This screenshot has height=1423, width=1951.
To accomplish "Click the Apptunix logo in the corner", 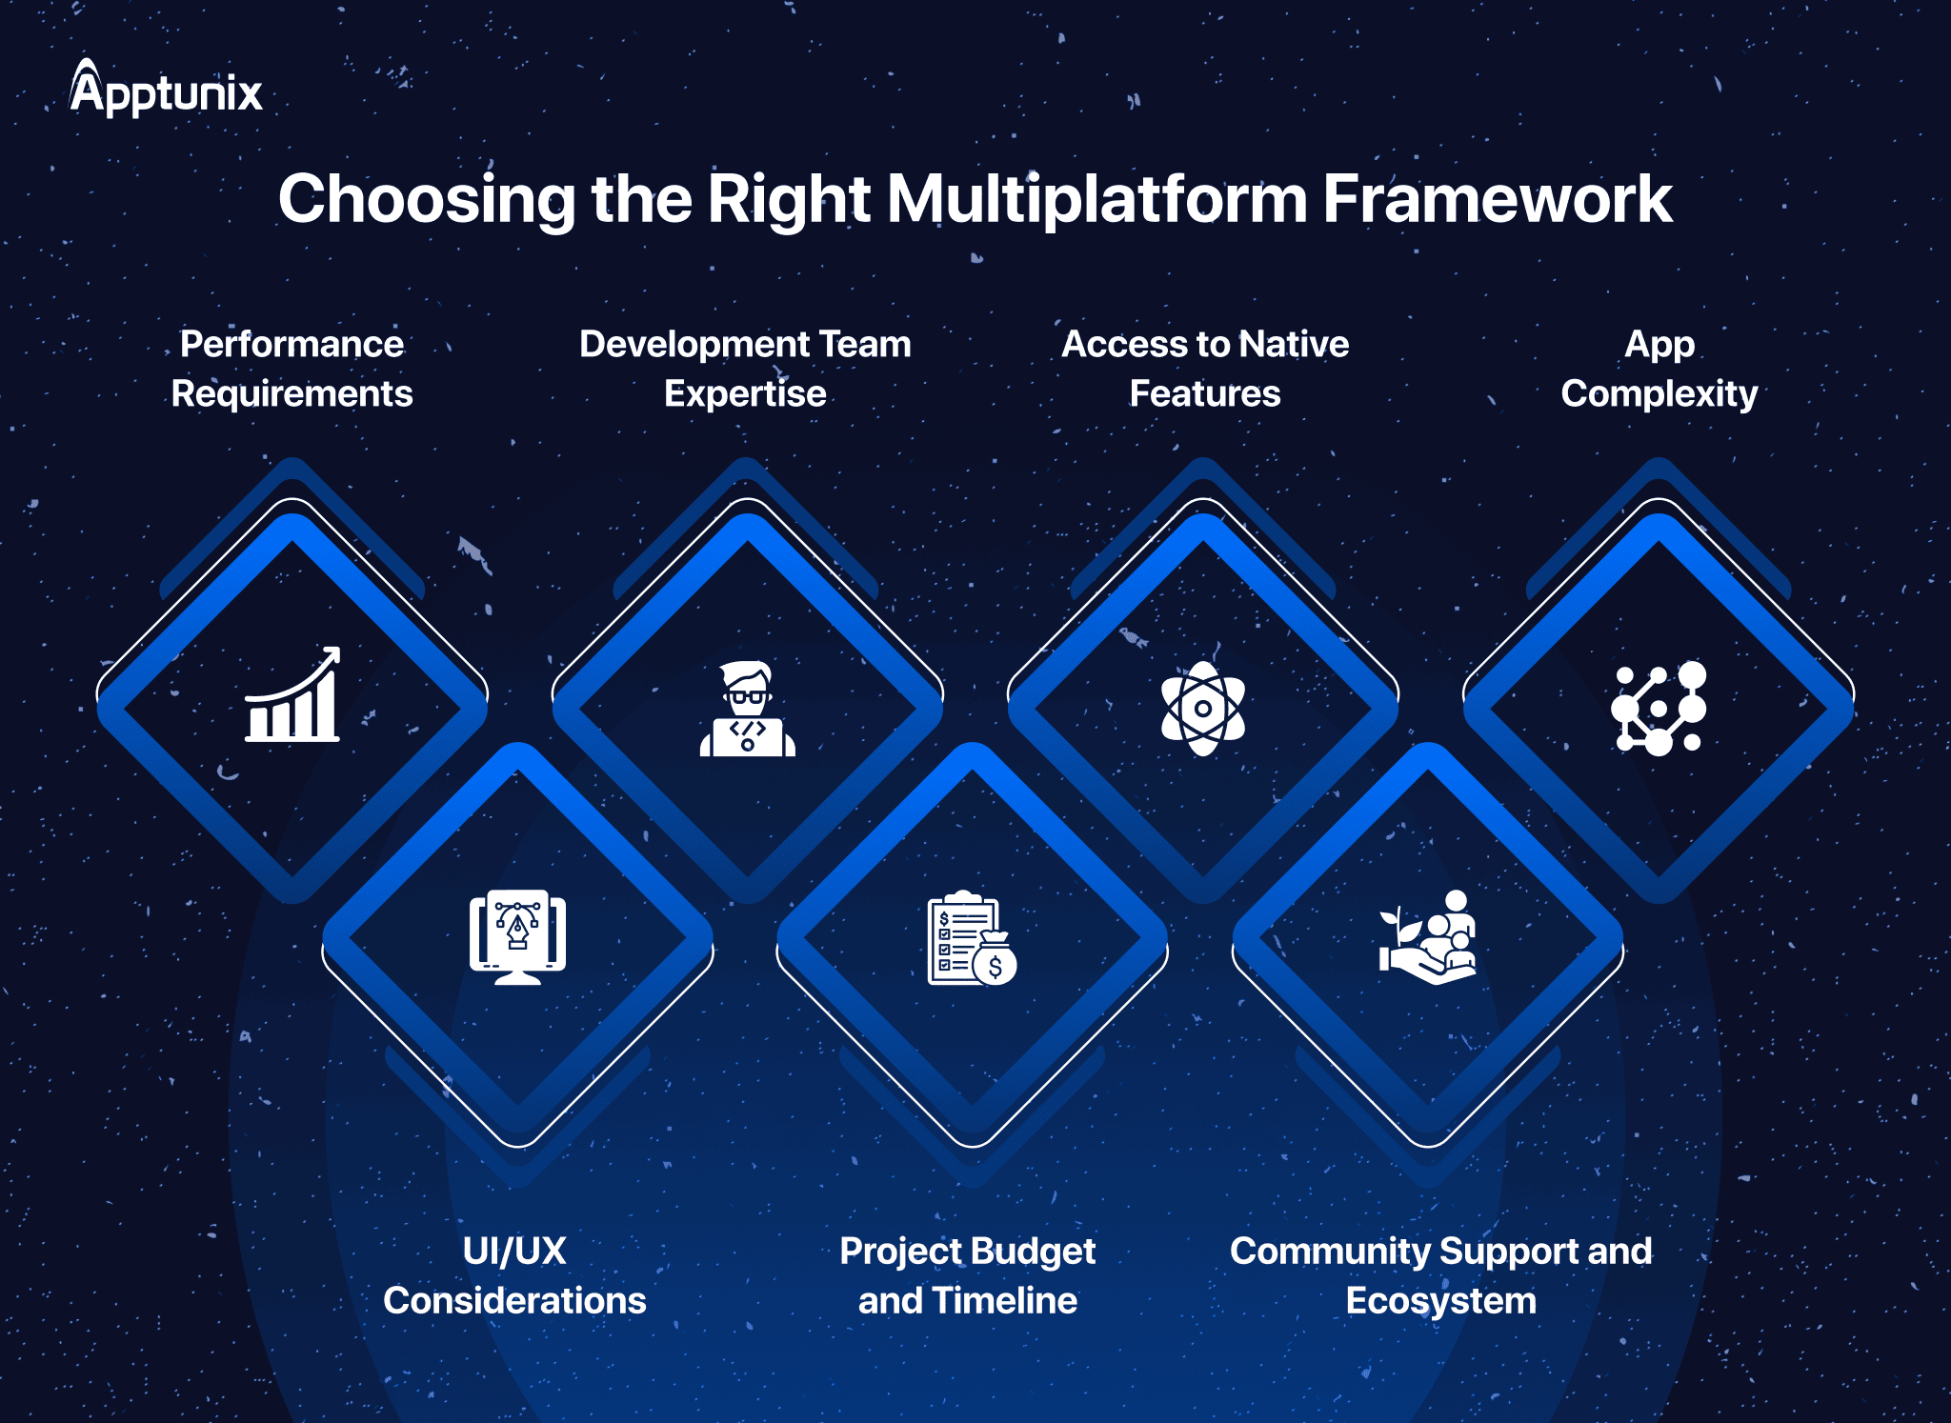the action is pos(166,88).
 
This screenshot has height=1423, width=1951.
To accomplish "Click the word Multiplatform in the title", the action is pos(1096,199).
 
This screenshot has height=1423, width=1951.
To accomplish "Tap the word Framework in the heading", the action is pos(1497,199).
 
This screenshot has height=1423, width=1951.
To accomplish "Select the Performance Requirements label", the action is pos(292,369).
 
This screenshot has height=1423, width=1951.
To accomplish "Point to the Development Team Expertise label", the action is pos(745,369).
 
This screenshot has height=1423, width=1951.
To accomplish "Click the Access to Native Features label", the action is pos(1205,369).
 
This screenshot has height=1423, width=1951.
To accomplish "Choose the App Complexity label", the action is pos(1659,369).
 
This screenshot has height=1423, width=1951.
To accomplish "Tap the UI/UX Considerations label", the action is pos(514,1275).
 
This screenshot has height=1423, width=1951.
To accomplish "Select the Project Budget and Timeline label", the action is pos(968,1275).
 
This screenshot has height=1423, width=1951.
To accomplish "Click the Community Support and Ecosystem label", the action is pos(1440,1275).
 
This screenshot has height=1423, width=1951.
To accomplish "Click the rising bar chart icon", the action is pos(292,694).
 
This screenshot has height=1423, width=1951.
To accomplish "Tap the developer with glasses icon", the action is pos(748,709).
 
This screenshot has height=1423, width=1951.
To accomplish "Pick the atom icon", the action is pos(1203,709).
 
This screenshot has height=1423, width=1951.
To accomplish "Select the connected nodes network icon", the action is pos(1659,709).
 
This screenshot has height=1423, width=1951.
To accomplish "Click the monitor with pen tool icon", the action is pos(517,937).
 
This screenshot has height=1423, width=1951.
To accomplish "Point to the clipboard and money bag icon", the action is pos(973,938).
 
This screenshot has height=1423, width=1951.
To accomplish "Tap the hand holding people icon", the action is pos(1428,937).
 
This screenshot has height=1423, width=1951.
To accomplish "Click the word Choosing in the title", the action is pos(427,199).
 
